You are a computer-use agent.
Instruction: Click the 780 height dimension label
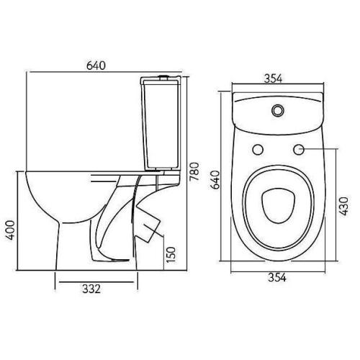[x=194, y=171]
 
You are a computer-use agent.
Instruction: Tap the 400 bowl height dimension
[x=11, y=230]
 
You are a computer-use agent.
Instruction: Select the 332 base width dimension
[x=91, y=289]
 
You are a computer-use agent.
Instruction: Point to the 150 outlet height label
[x=171, y=254]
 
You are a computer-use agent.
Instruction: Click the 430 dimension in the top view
[x=343, y=206]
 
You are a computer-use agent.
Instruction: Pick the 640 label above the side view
[x=96, y=66]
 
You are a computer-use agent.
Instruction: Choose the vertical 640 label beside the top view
[x=215, y=180]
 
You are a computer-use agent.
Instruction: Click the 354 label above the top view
[x=273, y=78]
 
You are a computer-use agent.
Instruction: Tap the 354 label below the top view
[x=277, y=277]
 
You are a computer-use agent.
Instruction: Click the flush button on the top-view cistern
[x=278, y=110]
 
